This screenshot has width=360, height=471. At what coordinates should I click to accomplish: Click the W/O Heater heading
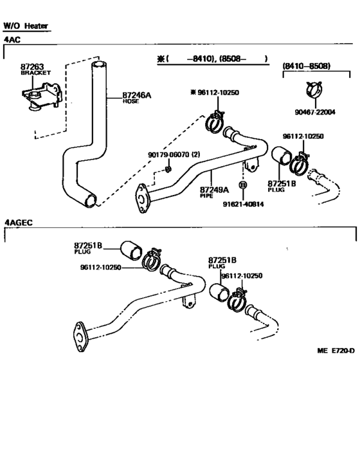point(26,26)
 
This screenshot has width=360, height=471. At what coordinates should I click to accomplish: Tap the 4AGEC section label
point(19,223)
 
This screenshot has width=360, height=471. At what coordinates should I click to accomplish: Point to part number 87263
point(31,66)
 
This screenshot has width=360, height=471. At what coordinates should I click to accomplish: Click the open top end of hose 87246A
point(98,65)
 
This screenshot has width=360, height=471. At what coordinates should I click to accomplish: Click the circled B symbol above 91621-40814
point(243,185)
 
